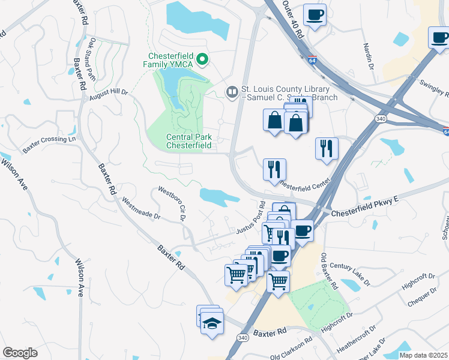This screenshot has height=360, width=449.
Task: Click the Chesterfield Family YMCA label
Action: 167,58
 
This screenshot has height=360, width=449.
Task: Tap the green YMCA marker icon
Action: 203,59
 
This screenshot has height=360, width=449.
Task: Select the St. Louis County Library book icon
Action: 231,92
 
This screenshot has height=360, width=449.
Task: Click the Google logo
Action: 20,353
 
